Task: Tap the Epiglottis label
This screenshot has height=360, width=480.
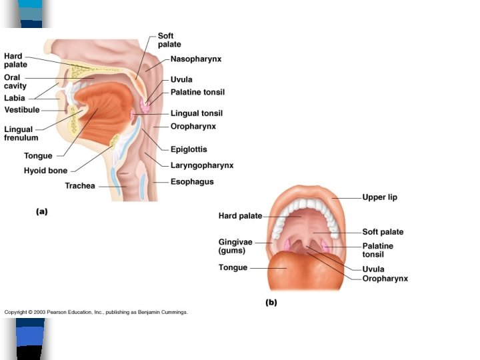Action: pos(188,149)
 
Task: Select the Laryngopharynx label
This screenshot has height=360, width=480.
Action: pos(201,165)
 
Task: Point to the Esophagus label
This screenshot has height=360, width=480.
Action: pos(192,181)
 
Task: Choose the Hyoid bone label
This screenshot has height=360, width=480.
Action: pos(45,171)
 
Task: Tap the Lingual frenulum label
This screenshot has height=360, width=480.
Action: pos(21,133)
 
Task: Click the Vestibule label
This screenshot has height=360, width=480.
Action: pos(22,109)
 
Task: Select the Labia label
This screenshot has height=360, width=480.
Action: pos(15,97)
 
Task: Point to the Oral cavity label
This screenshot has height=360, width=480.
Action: pos(15,81)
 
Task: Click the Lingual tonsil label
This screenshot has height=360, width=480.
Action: pos(197,113)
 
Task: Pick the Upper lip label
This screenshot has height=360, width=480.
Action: pos(379,197)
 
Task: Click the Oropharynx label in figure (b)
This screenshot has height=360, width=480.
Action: pos(385,279)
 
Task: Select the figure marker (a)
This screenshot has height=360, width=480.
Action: pos(41,211)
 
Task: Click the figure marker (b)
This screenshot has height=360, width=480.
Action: pos(271,302)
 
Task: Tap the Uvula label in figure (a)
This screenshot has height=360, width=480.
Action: pos(181,79)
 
